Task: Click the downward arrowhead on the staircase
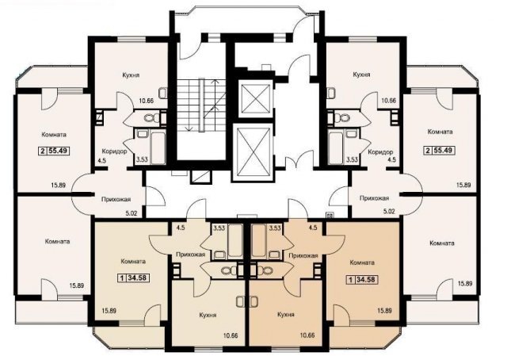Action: (x=187, y=129)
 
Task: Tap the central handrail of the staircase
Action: (x=202, y=105)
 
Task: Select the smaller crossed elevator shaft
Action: (x=254, y=98)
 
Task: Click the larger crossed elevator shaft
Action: (x=253, y=152)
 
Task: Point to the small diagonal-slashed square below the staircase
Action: (x=200, y=177)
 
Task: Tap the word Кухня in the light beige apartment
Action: (x=208, y=315)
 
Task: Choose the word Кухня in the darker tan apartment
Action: (x=286, y=314)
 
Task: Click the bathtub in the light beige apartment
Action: (x=235, y=241)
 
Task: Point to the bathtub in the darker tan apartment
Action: (x=260, y=241)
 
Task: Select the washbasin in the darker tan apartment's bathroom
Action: (x=275, y=254)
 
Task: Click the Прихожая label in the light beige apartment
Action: (x=190, y=255)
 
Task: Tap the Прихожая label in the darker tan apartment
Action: (x=303, y=255)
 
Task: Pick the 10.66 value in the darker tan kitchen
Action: (x=307, y=335)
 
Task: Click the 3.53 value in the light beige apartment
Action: (x=219, y=228)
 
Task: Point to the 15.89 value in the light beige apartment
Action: (x=109, y=311)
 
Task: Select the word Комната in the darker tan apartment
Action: (x=362, y=262)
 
